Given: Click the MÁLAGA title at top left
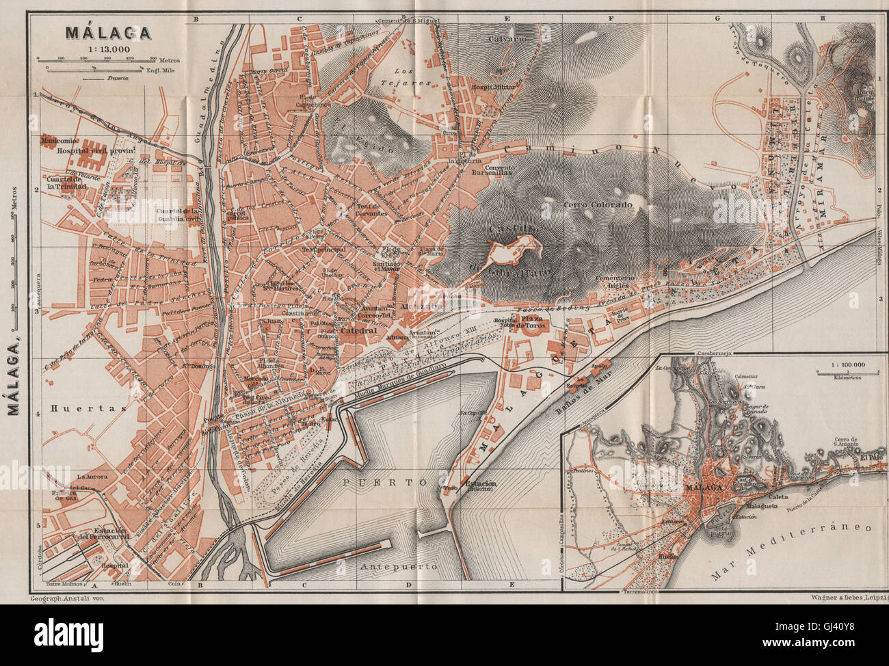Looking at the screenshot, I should click(x=98, y=31).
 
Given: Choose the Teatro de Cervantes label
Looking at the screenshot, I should click(x=371, y=209).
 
